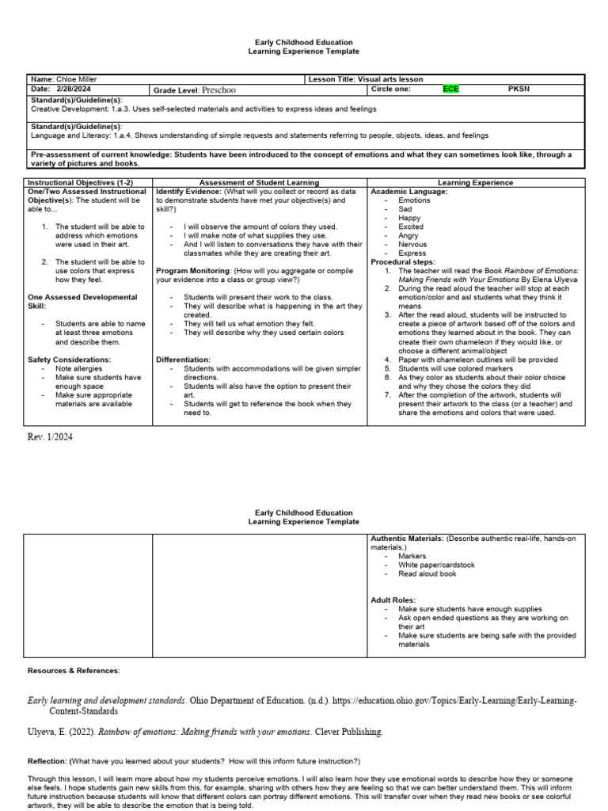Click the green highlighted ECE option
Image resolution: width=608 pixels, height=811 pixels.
450,89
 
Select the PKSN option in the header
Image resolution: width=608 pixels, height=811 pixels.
519,89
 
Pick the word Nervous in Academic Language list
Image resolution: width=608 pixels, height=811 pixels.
412,245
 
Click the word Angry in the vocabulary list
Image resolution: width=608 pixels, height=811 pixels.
408,235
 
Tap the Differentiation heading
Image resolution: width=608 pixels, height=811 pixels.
183,359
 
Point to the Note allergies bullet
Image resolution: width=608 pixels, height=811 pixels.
80,368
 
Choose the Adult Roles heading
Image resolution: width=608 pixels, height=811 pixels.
393,600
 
